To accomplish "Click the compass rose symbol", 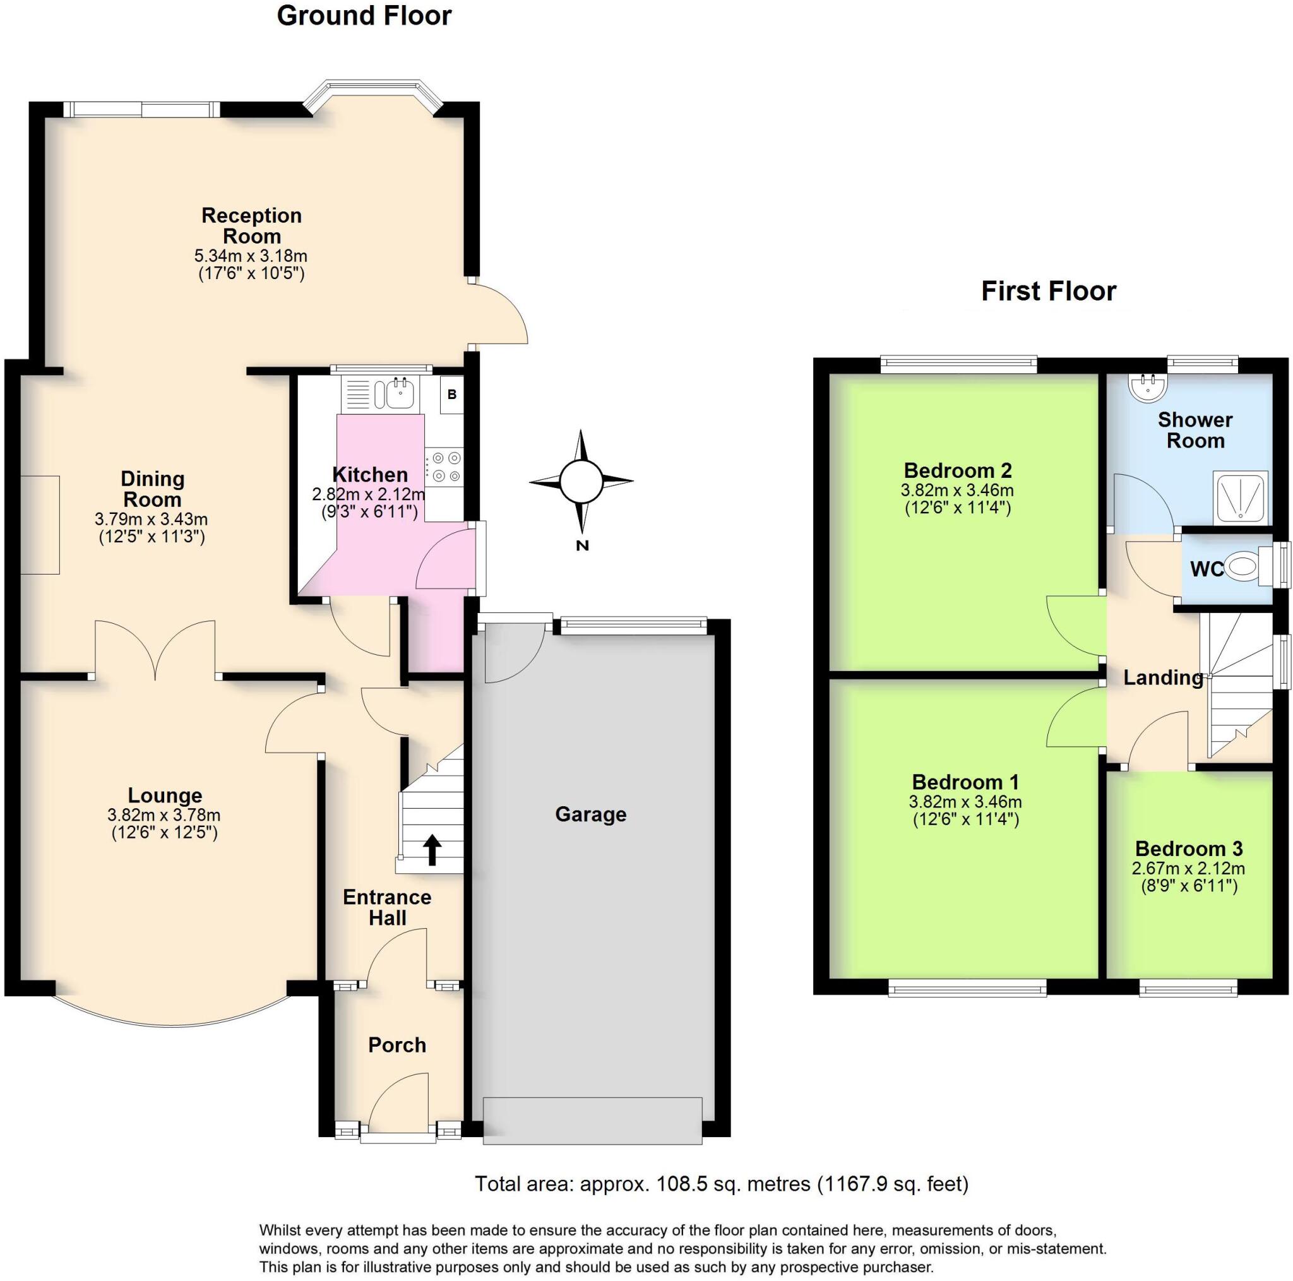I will [580, 480].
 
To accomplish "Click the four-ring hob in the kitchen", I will [446, 467].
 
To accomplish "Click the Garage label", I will [590, 814].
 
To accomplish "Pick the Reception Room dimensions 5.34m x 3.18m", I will [251, 256].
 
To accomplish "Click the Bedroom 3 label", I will [1189, 849].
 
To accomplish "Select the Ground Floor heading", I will [364, 16].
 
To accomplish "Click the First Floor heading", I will [1048, 291].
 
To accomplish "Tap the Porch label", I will [397, 1045].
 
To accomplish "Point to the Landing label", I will [1162, 677].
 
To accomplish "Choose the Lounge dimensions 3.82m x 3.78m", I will [164, 815].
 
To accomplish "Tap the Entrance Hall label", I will [387, 907].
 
